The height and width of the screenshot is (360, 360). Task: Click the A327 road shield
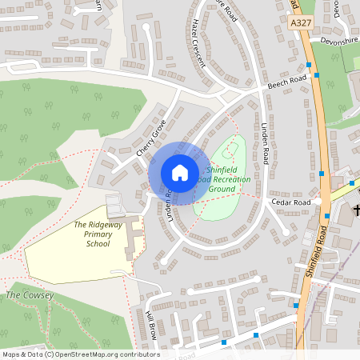point(300,25)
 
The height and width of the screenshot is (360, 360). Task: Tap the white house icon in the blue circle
point(179,173)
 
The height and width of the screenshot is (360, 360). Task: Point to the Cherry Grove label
point(150,137)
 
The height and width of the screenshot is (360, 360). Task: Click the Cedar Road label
point(290,202)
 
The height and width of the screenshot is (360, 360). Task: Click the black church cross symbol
point(355,211)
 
